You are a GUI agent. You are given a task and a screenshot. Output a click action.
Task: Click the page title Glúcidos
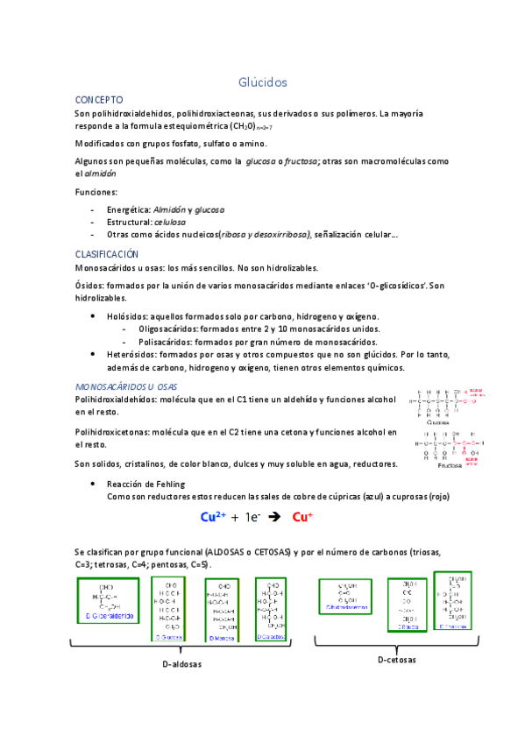click(263, 81)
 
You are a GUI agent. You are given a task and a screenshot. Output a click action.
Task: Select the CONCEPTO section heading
click(99, 100)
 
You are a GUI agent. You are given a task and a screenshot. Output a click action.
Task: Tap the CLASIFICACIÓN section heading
click(107, 253)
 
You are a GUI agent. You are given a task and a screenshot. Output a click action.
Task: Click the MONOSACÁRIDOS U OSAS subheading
click(126, 386)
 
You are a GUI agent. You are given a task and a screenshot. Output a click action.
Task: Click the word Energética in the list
click(128, 210)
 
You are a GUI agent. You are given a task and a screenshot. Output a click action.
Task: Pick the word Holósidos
click(127, 316)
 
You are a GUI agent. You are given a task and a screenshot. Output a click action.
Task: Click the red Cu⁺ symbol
click(302, 517)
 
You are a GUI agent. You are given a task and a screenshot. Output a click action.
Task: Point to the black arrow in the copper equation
click(272, 517)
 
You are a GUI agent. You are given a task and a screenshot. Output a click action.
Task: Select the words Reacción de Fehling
click(145, 484)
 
